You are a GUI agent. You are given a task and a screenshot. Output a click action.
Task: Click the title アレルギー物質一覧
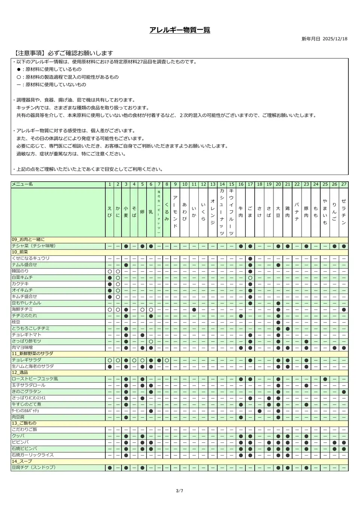tap(180, 30)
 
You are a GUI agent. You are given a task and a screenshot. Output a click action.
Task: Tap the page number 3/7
tap(180, 491)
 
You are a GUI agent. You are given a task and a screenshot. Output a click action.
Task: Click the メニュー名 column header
tap(22, 184)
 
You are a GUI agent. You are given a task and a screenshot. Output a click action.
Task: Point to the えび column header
tap(109, 212)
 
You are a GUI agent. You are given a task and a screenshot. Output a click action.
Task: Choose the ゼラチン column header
tap(344, 212)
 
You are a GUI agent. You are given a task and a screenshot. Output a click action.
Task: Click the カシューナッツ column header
tap(222, 212)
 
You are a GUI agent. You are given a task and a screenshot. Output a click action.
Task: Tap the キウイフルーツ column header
tap(231, 212)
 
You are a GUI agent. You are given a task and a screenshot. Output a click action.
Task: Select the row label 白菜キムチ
tap(22, 278)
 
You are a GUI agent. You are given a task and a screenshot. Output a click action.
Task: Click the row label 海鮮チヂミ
tap(22, 309)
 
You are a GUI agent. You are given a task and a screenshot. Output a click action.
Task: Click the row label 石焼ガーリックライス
tap(33, 455)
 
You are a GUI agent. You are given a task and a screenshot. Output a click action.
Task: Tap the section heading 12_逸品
tap(21, 372)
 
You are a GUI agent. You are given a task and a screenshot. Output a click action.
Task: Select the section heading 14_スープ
tap(22, 462)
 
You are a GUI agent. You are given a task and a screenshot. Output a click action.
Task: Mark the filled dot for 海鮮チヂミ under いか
tap(194, 310)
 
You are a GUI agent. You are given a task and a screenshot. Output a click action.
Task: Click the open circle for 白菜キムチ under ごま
tap(250, 278)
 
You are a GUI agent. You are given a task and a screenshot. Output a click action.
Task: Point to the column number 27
tap(344, 184)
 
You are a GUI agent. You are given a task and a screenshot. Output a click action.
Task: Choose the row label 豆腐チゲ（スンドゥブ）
tap(34, 468)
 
